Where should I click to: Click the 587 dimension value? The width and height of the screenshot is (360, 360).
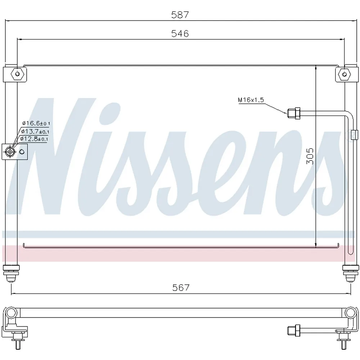click(180, 15)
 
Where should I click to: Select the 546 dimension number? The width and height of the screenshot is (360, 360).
click(180, 33)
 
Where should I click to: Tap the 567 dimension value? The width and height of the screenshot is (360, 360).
click(181, 287)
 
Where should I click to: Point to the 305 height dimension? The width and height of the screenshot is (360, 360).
click(310, 156)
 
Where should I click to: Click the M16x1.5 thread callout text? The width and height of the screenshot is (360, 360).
click(251, 100)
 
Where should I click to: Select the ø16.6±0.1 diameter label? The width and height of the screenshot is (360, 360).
click(36, 123)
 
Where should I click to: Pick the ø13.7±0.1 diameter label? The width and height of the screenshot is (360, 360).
click(35, 131)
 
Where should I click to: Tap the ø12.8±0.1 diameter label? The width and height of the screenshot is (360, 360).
click(34, 139)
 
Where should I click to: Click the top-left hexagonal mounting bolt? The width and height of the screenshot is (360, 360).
click(17, 74)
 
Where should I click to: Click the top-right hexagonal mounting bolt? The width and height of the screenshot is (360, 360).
click(345, 74)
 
